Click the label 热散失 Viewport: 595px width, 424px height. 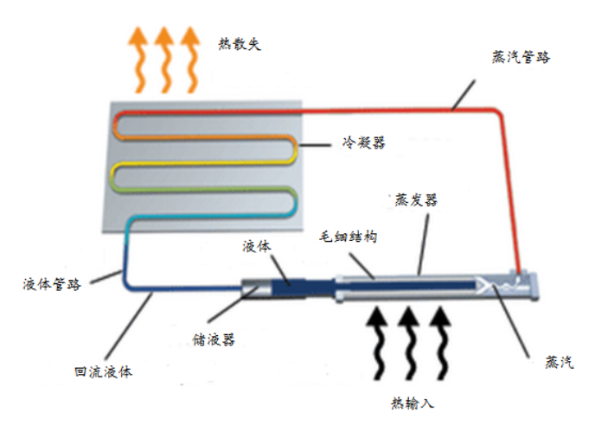point(240,45)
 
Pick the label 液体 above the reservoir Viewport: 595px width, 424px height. point(258,246)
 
